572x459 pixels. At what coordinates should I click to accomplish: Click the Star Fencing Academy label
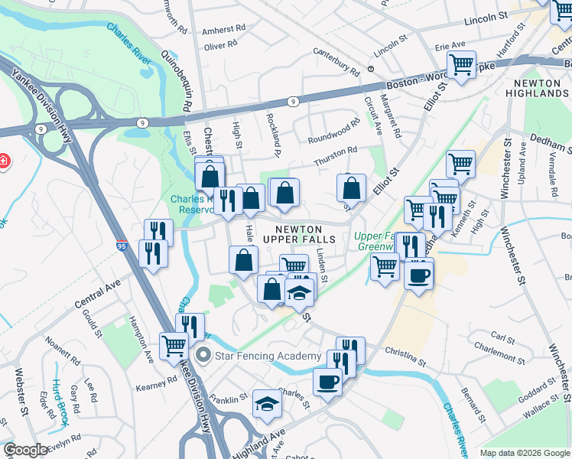point(268,356)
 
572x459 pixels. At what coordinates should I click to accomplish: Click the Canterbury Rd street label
point(336,61)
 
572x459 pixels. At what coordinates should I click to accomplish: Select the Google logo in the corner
point(25,450)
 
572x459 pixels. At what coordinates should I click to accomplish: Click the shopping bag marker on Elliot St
point(351,187)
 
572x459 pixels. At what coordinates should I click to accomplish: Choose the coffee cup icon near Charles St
point(327,382)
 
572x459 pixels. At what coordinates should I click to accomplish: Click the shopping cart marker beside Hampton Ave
point(174,346)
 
